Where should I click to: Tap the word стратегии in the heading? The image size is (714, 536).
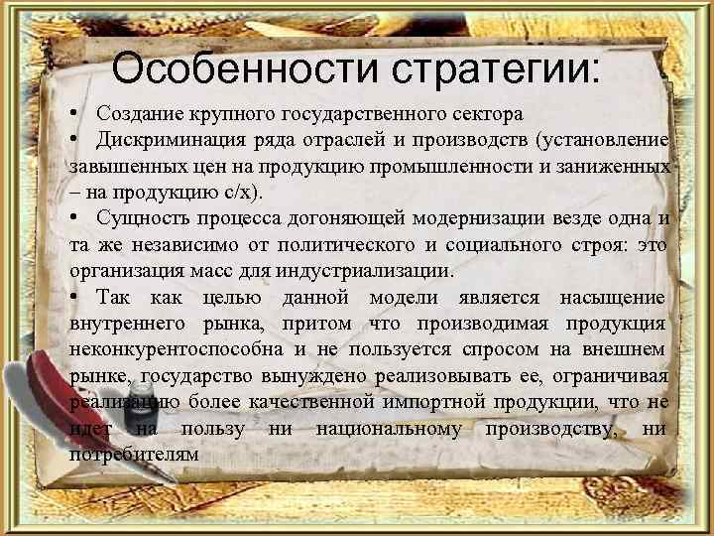489,69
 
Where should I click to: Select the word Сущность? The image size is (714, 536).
141,218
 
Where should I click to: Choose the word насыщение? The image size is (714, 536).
611,297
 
